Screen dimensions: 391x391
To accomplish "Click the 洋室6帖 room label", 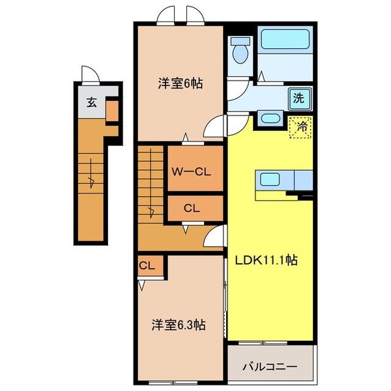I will [180, 83].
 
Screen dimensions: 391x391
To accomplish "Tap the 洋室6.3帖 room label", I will [179, 325].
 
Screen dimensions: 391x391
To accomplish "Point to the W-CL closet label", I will [190, 172].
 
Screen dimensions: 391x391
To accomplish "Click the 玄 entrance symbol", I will [92, 102].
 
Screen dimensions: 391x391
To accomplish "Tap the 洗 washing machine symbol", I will [298, 99].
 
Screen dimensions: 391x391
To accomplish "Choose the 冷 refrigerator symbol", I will [301, 127].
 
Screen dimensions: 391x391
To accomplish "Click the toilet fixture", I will [240, 50].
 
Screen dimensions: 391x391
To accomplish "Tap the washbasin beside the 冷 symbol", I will [270, 119].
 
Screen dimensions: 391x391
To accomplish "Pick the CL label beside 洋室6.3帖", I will [147, 265].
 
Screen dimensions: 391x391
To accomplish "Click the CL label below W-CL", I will [190, 209].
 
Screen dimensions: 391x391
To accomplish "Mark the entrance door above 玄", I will [89, 75].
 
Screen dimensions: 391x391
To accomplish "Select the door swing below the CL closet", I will [214, 239].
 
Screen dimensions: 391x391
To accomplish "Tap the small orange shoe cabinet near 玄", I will [112, 111].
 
